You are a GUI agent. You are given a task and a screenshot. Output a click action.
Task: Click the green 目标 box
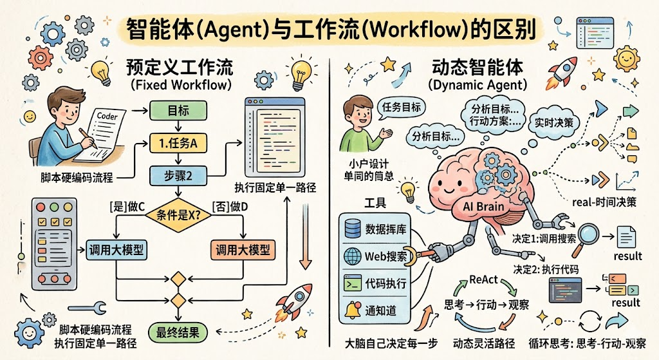[178, 111]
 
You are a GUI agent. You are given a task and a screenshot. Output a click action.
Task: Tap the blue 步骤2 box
[178, 175]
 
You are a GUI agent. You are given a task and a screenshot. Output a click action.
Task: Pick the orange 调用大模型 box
[242, 249]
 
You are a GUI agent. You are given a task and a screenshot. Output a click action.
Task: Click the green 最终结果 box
[178, 332]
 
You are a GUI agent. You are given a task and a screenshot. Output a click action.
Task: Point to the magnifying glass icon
[586, 232]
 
